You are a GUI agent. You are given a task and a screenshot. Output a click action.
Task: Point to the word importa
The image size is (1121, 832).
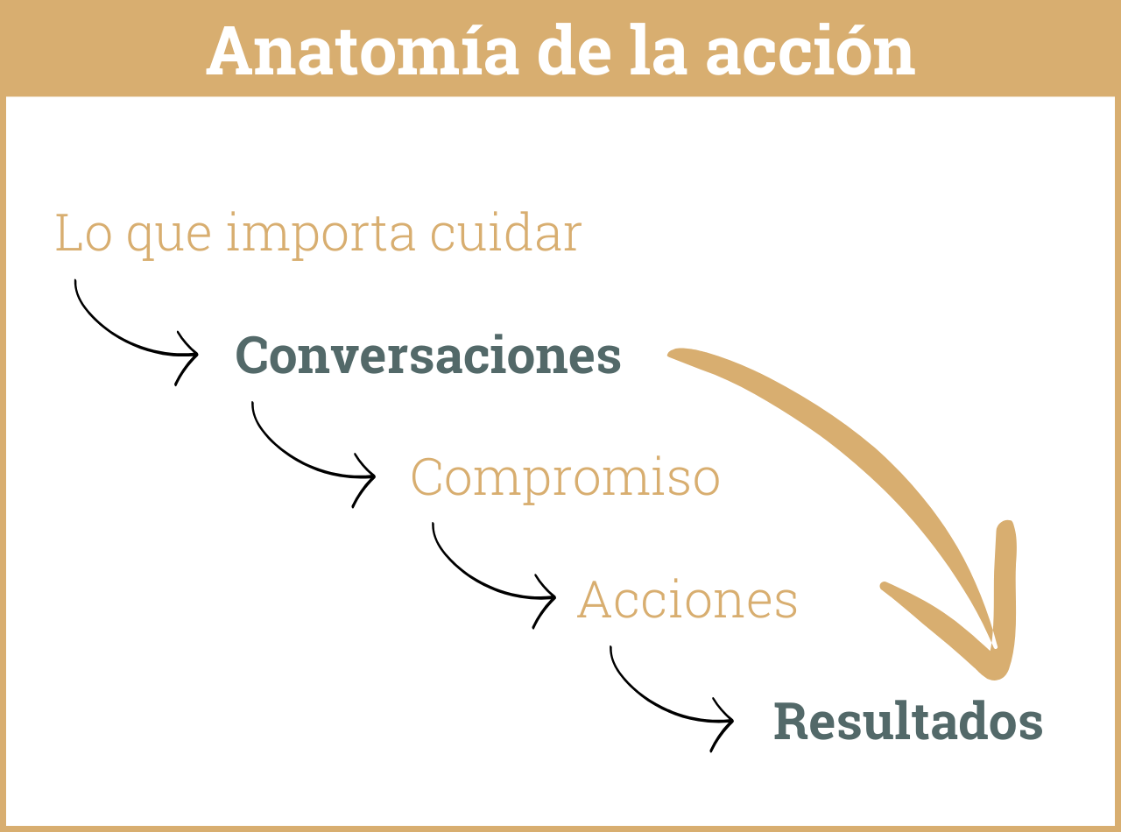coord(321,235)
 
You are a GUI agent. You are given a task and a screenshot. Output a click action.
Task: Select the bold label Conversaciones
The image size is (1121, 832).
coord(428,356)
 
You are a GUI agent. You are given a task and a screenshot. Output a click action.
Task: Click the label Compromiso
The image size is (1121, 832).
coord(565,478)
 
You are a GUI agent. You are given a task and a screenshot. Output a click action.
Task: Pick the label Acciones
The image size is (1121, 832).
coord(687,601)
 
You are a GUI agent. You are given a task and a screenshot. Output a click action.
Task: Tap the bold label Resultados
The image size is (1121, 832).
coord(908,723)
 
